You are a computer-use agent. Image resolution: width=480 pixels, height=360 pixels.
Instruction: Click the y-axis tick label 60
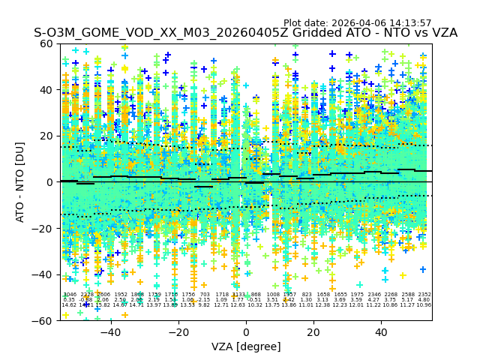pyautogui.click(x=47, y=43)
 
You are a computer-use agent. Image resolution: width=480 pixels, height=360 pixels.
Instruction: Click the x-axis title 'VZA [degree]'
pyautogui.click(x=246, y=346)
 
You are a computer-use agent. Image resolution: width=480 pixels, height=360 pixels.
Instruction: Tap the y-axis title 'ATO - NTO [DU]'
pyautogui.click(x=20, y=182)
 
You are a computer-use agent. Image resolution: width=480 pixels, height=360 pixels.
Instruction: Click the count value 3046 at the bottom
pyautogui.click(x=69, y=295)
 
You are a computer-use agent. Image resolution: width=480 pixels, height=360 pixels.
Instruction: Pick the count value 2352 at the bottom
pyautogui.click(x=424, y=295)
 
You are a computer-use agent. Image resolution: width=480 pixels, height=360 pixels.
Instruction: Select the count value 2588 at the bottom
pyautogui.click(x=408, y=295)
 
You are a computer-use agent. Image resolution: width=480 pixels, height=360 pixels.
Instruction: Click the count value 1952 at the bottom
pyautogui.click(x=121, y=295)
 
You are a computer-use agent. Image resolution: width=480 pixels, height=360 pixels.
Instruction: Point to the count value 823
pyautogui.click(x=306, y=295)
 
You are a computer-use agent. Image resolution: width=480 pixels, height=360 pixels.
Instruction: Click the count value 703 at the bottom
pyautogui.click(x=205, y=295)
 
